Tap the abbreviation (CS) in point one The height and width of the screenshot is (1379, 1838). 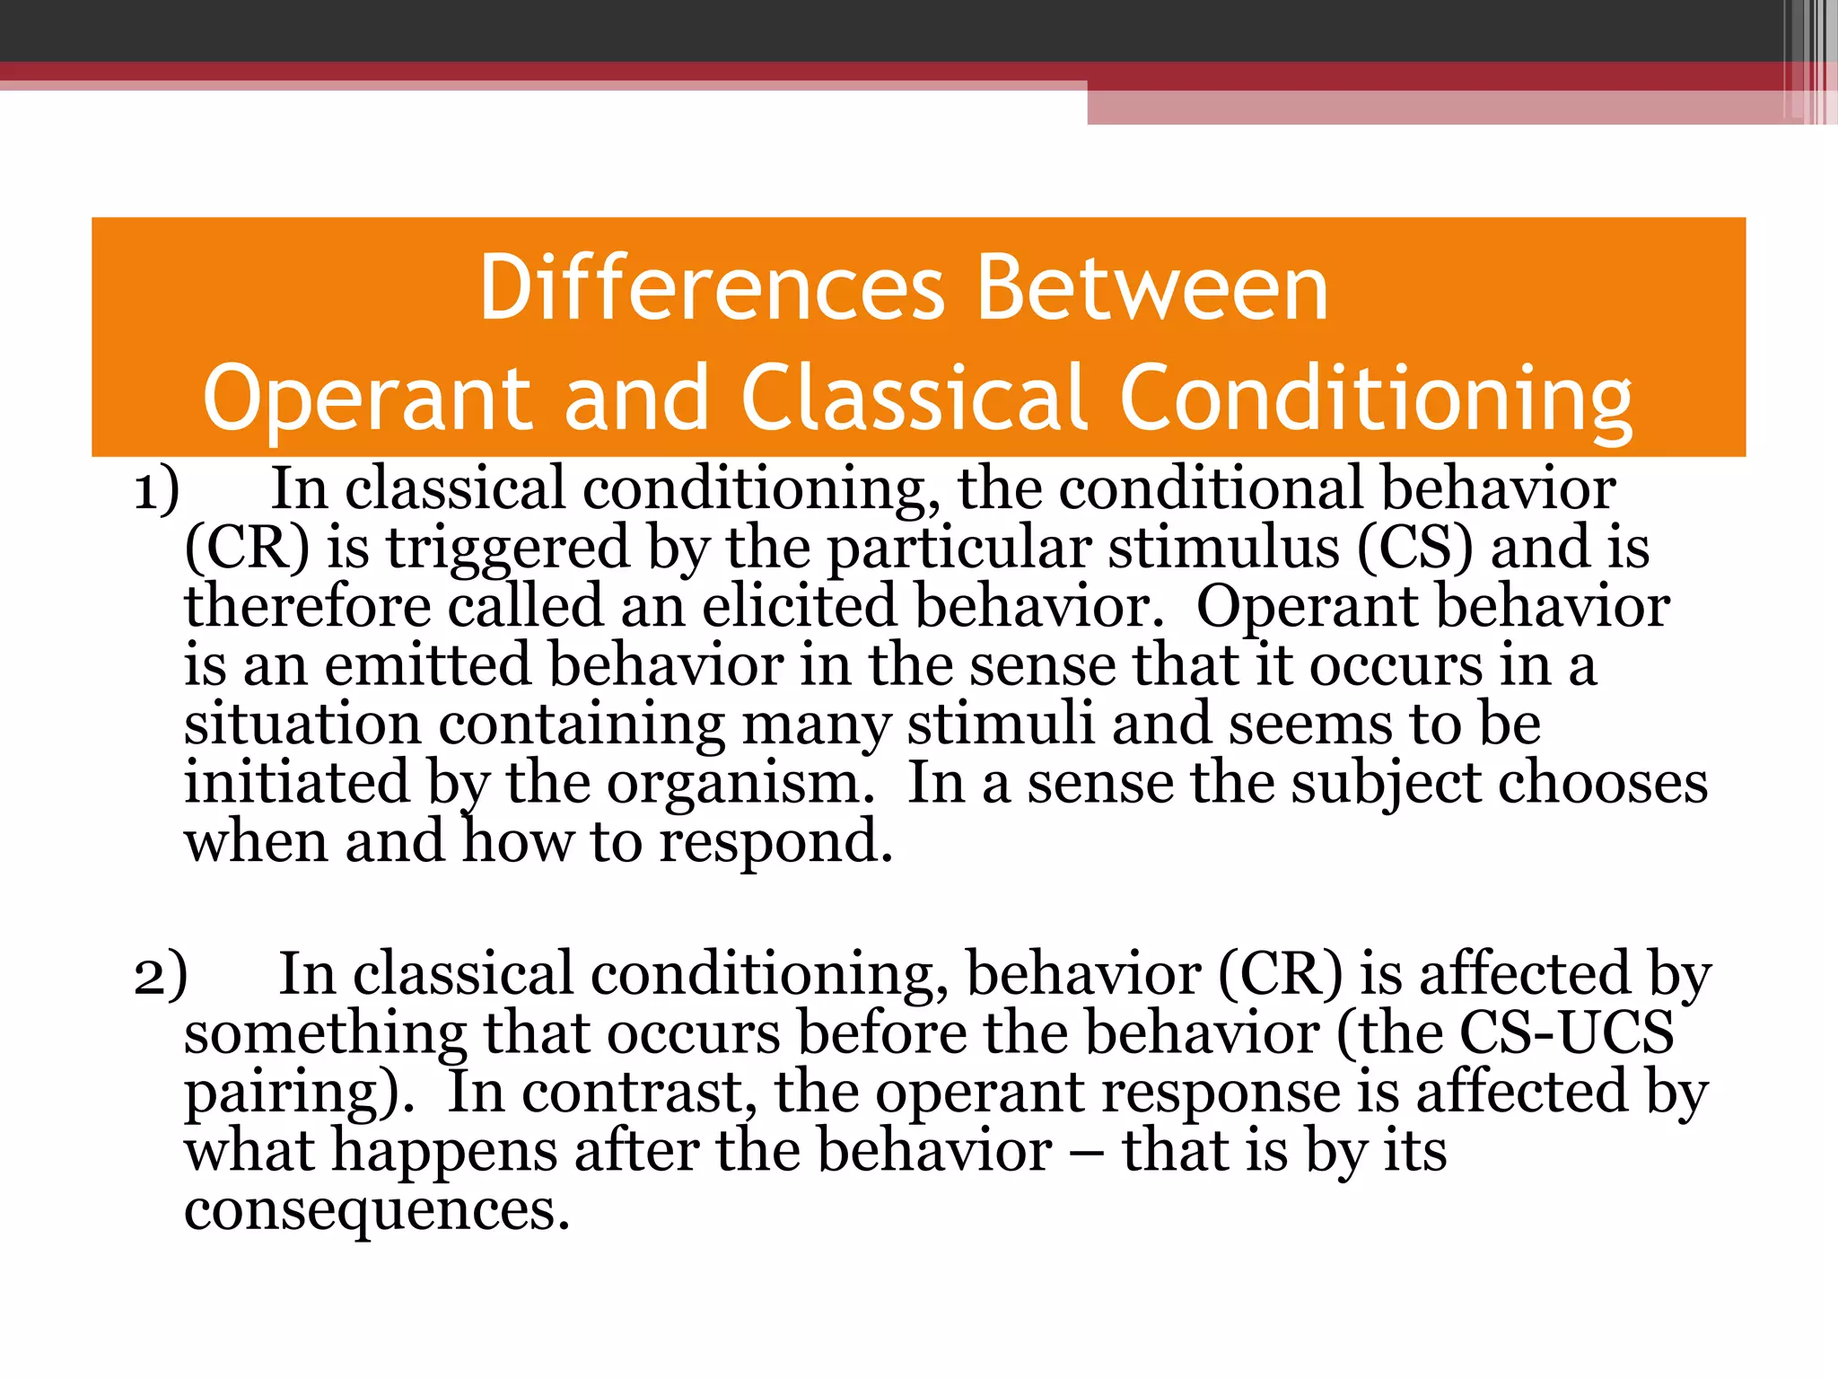[1414, 548]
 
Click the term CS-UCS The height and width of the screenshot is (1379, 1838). [1566, 1032]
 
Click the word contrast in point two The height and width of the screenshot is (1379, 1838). [633, 1094]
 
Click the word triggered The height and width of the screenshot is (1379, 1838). [508, 549]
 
